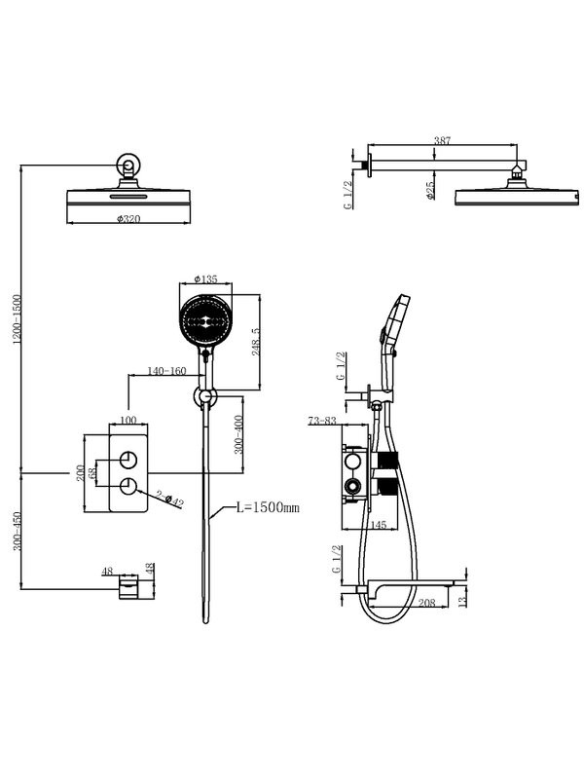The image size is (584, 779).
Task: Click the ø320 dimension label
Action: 128,219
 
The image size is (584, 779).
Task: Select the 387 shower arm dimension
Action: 443,142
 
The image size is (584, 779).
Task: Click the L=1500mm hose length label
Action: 267,507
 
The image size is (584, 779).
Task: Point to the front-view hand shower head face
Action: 205,319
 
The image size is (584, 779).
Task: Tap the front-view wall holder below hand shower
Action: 205,396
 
